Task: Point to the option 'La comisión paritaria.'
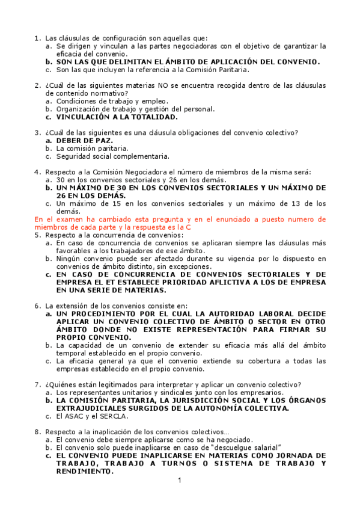point(92,148)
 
